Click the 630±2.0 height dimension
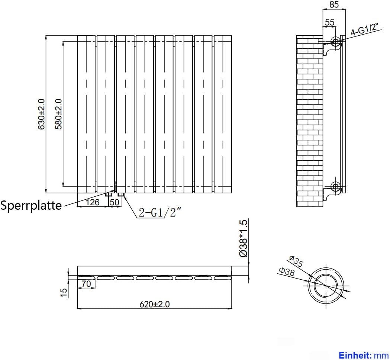pyautogui.click(x=41, y=114)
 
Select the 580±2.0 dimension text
pyautogui.click(x=58, y=114)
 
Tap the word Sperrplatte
pyautogui.click(x=31, y=205)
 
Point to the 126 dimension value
pyautogui.click(x=93, y=202)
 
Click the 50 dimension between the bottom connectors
pyautogui.click(x=115, y=202)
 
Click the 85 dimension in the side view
pyautogui.click(x=334, y=5)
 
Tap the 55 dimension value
pyautogui.click(x=329, y=22)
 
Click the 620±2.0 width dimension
pyautogui.click(x=154, y=304)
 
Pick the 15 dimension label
pyautogui.click(x=64, y=292)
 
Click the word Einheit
pyautogui.click(x=353, y=354)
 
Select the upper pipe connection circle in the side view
pyautogui.click(x=336, y=42)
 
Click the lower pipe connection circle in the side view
pyautogui.click(x=336, y=186)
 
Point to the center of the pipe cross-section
pyautogui.click(x=326, y=285)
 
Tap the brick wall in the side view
pyautogui.click(x=310, y=119)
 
